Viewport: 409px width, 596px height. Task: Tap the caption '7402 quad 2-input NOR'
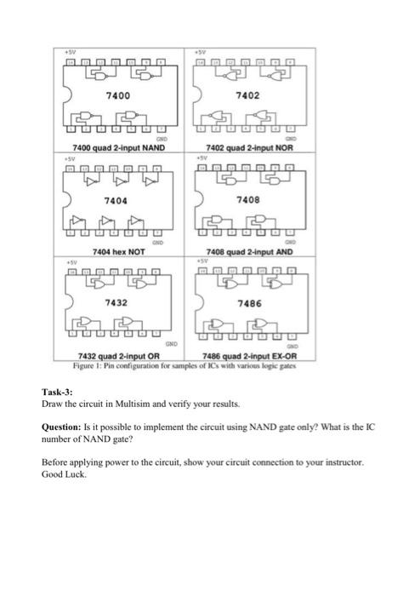point(247,147)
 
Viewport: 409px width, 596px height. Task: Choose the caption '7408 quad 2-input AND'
point(247,253)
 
